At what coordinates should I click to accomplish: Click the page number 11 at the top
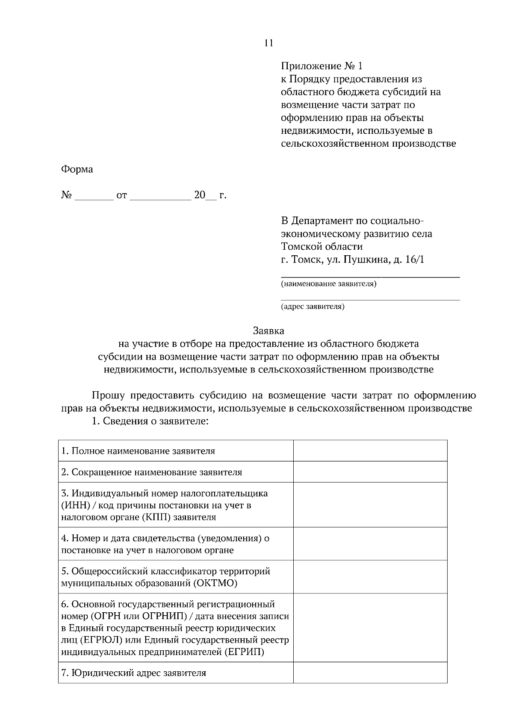point(268,43)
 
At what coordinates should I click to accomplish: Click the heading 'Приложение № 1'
point(321,66)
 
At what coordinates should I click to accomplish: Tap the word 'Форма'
point(77,169)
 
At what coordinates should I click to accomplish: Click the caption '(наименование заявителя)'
point(328,284)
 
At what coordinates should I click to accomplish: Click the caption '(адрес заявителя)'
point(313,306)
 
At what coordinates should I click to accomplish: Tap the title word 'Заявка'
point(268,331)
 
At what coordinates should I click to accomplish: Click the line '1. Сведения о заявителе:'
point(150,421)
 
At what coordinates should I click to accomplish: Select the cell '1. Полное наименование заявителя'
point(138,451)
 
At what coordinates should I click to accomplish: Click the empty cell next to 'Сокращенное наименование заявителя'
point(370,472)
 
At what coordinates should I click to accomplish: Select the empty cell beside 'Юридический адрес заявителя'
point(370,673)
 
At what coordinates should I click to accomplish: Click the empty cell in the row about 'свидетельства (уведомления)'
point(370,544)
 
